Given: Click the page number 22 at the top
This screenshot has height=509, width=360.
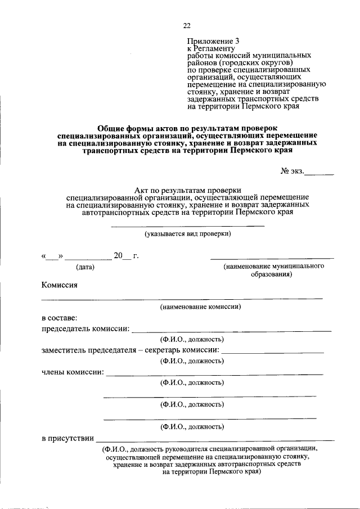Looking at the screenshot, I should pyautogui.click(x=187, y=25).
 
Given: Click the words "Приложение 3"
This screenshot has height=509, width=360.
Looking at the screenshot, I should pyautogui.click(x=210, y=41).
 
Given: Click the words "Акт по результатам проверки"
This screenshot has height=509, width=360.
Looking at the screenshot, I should pyautogui.click(x=187, y=191).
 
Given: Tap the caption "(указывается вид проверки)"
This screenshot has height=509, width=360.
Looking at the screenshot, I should pyautogui.click(x=187, y=233).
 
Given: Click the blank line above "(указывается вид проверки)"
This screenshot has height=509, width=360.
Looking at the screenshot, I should pyautogui.click(x=187, y=226).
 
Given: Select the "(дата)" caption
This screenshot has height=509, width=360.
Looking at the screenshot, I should pyautogui.click(x=85, y=267).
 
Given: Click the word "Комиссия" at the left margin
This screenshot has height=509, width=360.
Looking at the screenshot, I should pyautogui.click(x=59, y=285).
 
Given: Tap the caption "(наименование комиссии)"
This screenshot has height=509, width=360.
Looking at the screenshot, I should pyautogui.click(x=200, y=307).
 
